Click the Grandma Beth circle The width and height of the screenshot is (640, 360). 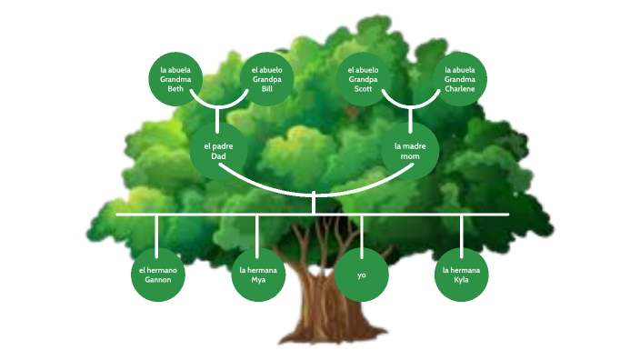click(175, 79)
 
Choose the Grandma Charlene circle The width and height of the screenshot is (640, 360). click(459, 79)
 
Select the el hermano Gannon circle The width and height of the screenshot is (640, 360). click(157, 275)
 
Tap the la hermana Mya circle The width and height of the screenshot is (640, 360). click(258, 275)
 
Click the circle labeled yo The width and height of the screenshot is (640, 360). click(361, 275)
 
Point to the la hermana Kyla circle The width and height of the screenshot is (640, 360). click(461, 275)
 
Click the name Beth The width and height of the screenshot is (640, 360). click(175, 89)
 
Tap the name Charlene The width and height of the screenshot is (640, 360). click(459, 89)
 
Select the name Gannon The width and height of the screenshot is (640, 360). click(157, 280)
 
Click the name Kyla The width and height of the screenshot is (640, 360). click(461, 280)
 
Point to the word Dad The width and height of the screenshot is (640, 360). click(218, 155)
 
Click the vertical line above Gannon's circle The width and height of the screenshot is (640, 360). click(157, 232)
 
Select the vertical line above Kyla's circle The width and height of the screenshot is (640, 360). click(461, 232)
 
